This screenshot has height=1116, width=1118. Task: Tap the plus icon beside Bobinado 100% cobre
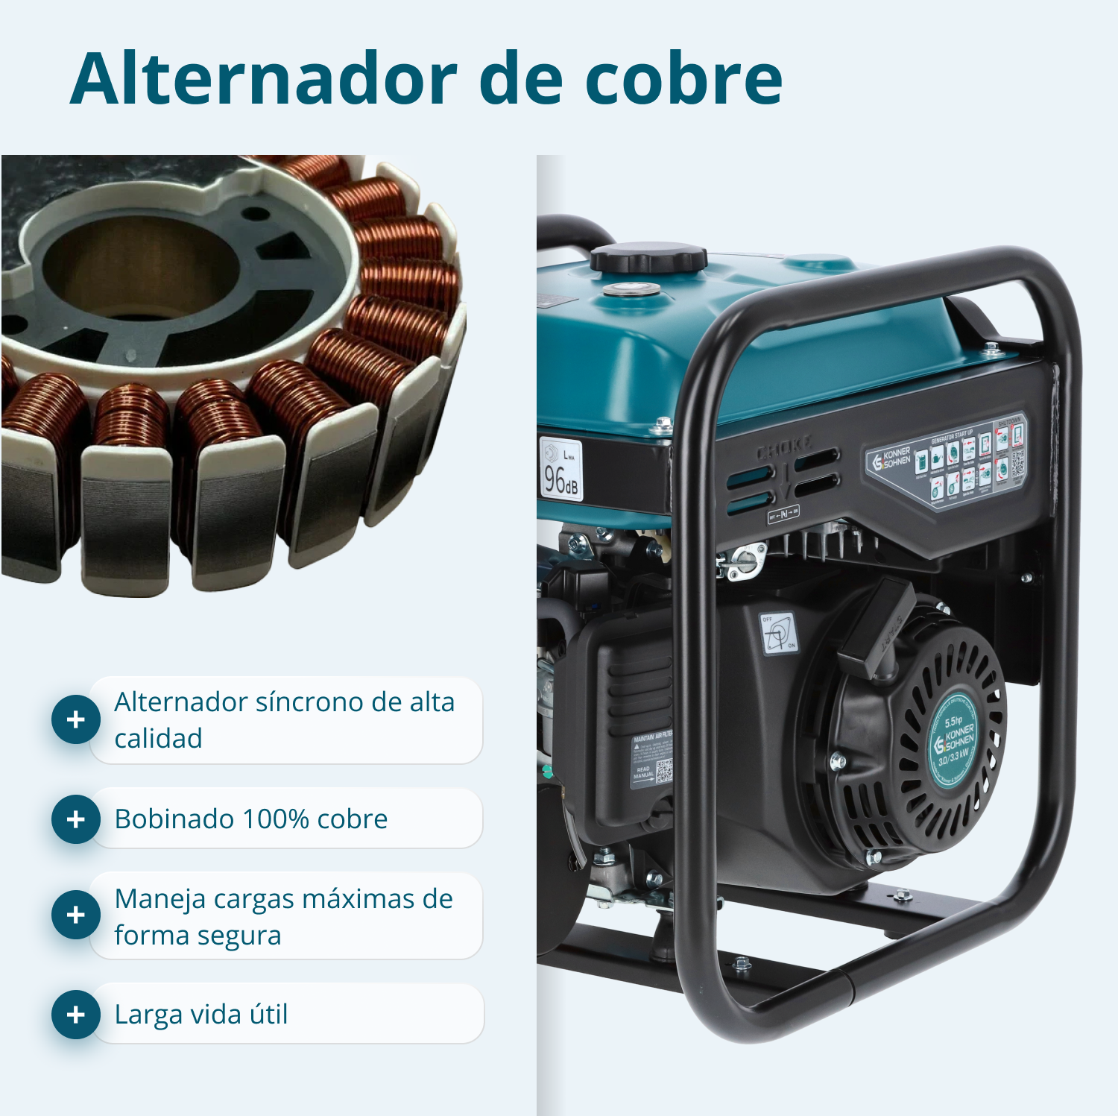tap(75, 819)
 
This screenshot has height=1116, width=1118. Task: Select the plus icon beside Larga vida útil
tap(75, 1015)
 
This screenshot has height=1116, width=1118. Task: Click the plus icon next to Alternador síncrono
tap(75, 719)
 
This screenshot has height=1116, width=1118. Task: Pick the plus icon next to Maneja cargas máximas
tap(75, 915)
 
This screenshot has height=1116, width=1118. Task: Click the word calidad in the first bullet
tap(158, 739)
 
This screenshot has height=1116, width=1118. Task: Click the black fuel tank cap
tap(648, 258)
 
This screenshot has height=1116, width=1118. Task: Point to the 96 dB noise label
tap(560, 470)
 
